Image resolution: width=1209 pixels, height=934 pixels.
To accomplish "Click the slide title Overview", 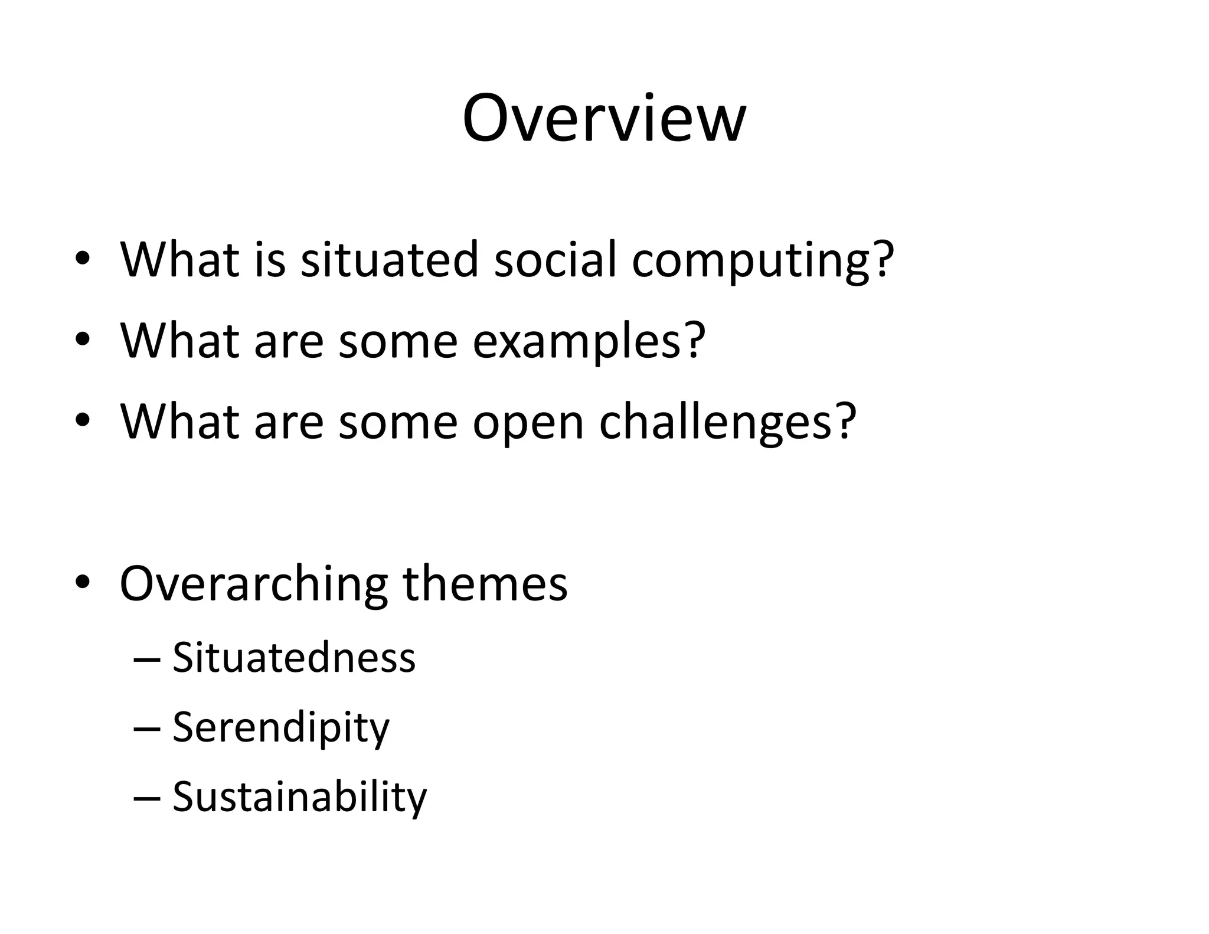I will point(604,118).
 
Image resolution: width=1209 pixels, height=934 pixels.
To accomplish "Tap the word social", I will point(555,259).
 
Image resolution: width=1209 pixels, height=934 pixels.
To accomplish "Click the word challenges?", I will point(727,423).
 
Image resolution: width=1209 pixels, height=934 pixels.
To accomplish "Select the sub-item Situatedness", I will point(293,657).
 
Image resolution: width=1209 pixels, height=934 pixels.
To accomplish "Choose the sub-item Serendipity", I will point(280,728).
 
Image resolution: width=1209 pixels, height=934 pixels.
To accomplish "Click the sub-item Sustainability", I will point(299,797).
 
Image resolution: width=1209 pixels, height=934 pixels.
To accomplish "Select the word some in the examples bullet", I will point(397,341).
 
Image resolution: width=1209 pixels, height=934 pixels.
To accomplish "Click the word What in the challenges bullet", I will point(179,422).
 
